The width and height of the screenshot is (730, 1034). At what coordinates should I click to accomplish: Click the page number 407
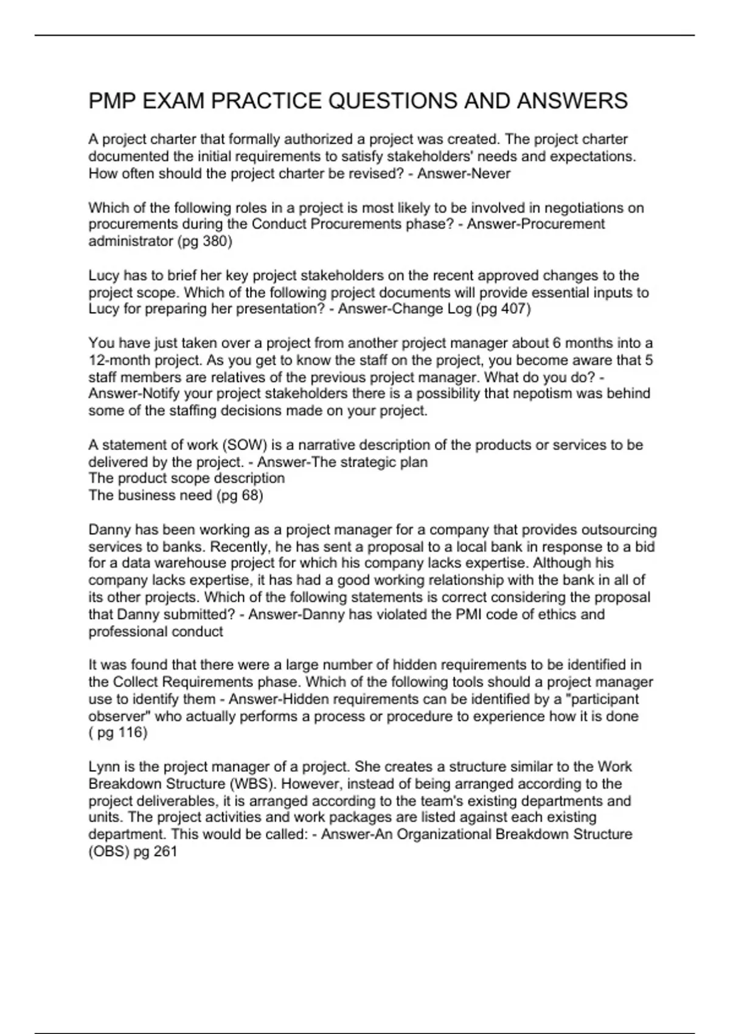[x=514, y=309]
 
